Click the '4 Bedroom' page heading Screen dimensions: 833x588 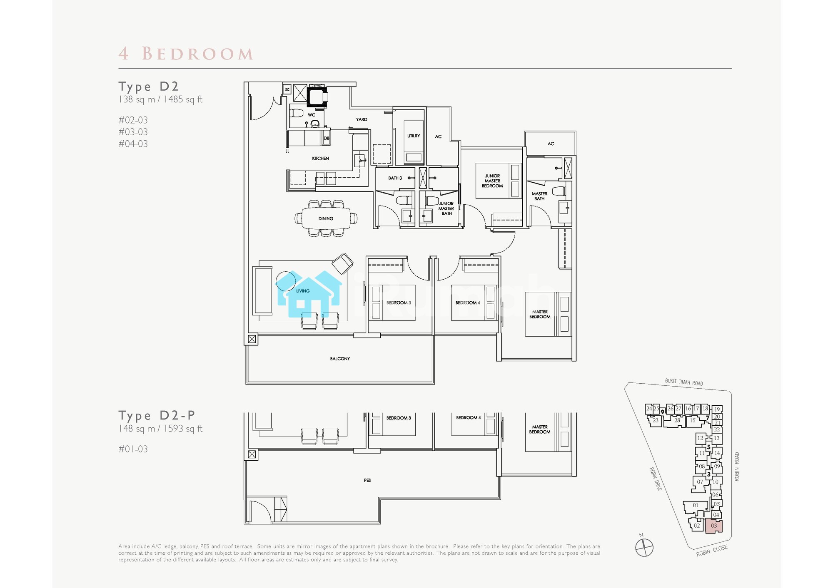coord(186,54)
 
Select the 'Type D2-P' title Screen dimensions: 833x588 coord(157,415)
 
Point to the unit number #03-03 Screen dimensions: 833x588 coord(133,132)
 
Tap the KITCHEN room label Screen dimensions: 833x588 coord(320,159)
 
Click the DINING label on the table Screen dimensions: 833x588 coord(326,218)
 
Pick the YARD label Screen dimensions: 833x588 coord(362,119)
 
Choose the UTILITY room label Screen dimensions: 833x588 coord(414,136)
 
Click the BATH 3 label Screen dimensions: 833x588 coord(395,178)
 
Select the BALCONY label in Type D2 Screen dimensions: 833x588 coord(340,359)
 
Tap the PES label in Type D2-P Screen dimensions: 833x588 coord(367,480)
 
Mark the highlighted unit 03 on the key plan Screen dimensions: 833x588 coord(714,526)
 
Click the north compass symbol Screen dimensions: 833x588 coord(644,547)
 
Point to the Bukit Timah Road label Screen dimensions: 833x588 coord(684,382)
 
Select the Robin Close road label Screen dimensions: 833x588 coord(712,551)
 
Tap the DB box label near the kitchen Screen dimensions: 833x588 coord(327,138)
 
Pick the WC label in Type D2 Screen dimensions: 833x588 coord(312,115)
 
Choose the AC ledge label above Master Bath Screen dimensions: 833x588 coord(551,144)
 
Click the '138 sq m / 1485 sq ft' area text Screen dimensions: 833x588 coord(160,99)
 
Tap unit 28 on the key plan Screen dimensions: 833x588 coord(677,420)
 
